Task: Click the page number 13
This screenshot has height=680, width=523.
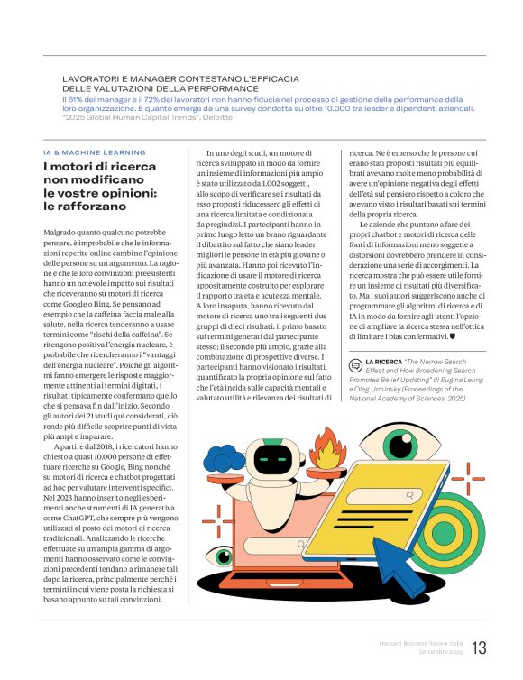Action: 479,648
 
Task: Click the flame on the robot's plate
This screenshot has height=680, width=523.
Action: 326,447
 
